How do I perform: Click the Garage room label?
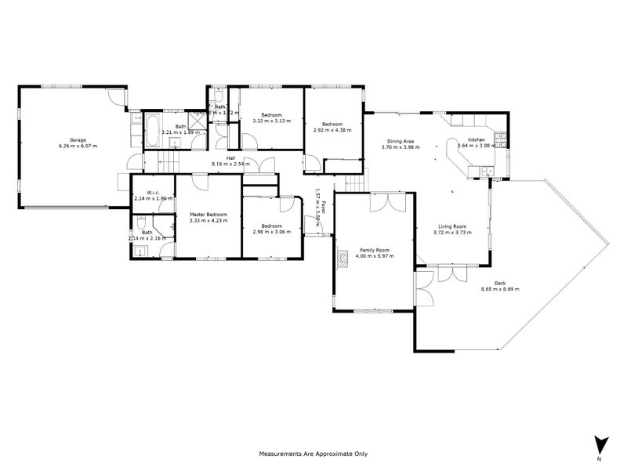(78, 140)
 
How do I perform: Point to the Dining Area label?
(397, 141)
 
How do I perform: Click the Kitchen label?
(477, 139)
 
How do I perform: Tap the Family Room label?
(371, 250)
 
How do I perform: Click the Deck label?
(499, 283)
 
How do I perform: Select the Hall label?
(230, 158)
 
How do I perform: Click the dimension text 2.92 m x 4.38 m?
(332, 130)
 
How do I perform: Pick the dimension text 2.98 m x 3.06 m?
(272, 232)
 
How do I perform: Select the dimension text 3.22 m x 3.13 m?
(272, 121)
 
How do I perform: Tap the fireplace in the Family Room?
(342, 259)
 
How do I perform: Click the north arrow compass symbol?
(600, 443)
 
